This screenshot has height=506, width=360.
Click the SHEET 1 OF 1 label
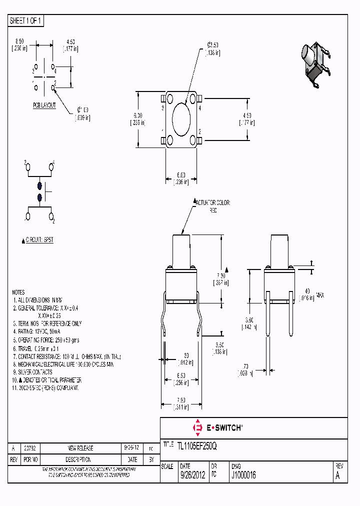pos(26,21)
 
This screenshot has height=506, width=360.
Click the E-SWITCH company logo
pos(217,427)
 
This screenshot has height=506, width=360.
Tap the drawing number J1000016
pos(243,475)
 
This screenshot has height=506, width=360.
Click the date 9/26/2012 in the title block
pos(192,475)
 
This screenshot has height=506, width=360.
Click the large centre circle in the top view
pos(181,119)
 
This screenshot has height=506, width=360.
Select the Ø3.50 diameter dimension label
pos(213,49)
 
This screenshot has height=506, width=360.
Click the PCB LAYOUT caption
pos(44,105)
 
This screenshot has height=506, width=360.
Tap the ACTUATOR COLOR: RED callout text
pos(213,206)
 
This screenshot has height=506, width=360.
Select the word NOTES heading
pos(19,292)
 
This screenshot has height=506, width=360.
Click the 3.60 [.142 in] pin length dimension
pos(248,323)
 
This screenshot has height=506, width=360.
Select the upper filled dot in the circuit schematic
pos(39,185)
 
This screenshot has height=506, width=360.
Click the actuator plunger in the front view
pos(181,251)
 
